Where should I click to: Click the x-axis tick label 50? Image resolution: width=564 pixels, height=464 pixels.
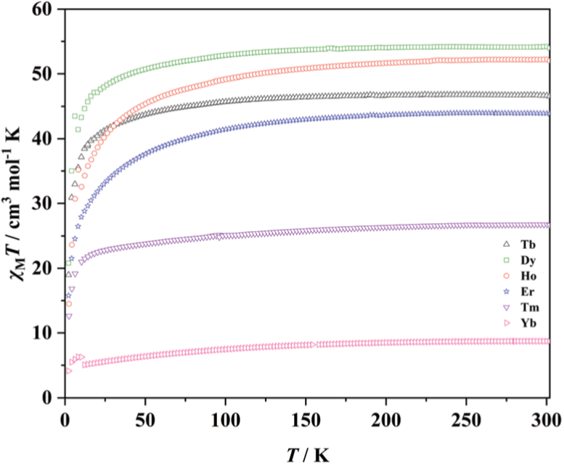point(145,418)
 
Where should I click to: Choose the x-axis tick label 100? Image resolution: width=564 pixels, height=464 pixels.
point(225,418)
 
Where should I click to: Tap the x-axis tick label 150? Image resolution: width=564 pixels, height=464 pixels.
point(306,418)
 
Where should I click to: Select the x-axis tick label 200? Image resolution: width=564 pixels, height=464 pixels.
point(385,418)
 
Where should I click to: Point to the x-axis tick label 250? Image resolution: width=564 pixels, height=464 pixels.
point(466,418)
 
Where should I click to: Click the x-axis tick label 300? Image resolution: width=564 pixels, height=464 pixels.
point(546,418)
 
